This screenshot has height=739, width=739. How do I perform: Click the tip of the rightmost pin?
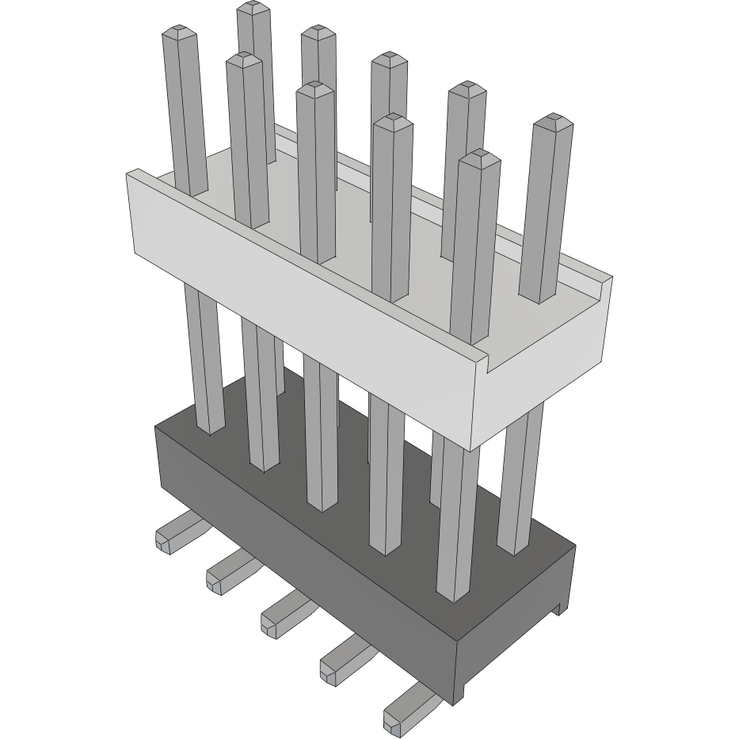[x=553, y=123]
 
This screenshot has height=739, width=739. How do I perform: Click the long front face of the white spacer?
[x=301, y=309]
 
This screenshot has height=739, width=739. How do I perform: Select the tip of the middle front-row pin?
[x=314, y=87]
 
